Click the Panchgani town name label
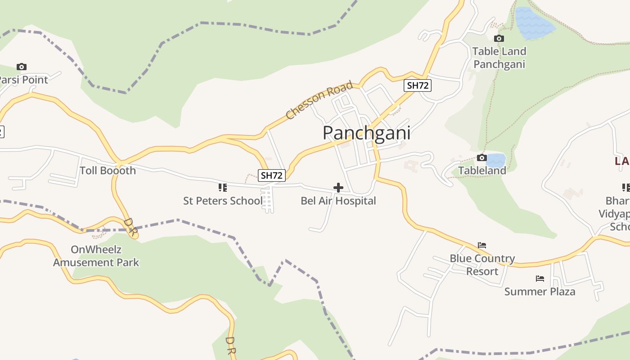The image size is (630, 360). point(366,133)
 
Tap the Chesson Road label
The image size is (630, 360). point(319,100)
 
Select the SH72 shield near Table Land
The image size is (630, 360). point(417,85)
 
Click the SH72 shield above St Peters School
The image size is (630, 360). point(272,175)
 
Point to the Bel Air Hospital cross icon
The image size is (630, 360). point(338,188)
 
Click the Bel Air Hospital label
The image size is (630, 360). point(338,201)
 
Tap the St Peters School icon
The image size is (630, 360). point(222,188)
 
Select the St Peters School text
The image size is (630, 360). point(222,201)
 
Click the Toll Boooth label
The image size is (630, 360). point(108,171)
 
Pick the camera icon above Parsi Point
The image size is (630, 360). point(21,67)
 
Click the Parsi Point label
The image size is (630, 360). point(22,80)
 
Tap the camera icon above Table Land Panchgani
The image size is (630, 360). point(499,39)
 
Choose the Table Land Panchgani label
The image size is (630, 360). point(499,58)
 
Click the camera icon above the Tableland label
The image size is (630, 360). point(481,157)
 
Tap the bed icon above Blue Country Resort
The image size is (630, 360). point(482,246)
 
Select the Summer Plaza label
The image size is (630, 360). point(540,292)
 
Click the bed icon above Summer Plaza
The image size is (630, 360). point(540,279)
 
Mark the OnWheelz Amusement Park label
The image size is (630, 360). point(96,256)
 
